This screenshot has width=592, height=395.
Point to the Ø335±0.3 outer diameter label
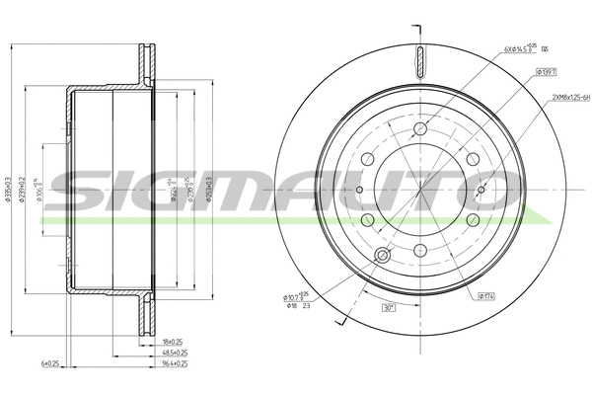point(9,187)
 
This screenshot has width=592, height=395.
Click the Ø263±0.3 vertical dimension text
point(209,188)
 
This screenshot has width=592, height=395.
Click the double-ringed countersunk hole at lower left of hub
point(384,258)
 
